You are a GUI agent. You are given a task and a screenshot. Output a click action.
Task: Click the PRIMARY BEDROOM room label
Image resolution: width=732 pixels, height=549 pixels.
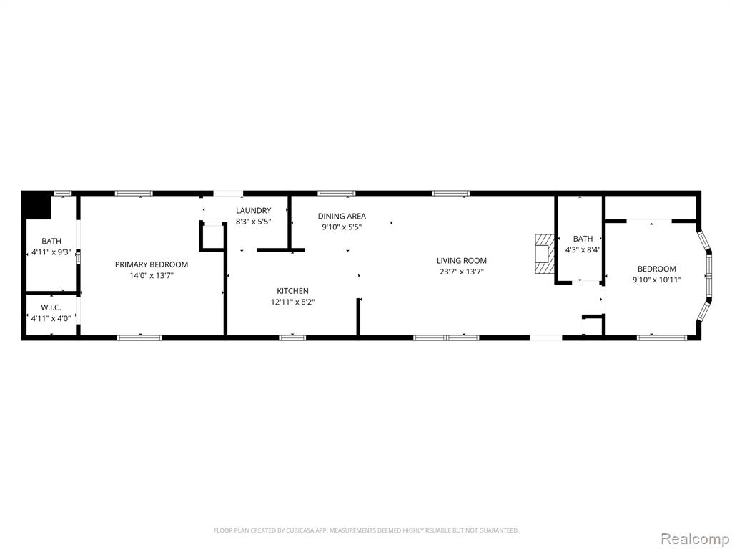pyautogui.click(x=152, y=264)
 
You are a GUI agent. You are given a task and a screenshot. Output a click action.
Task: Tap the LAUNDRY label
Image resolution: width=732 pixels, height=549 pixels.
pyautogui.click(x=254, y=211)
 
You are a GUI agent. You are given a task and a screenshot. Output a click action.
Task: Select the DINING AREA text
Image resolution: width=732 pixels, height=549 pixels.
pyautogui.click(x=342, y=216)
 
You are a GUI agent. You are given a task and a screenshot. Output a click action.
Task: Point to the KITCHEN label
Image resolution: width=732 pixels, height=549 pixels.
pyautogui.click(x=292, y=291)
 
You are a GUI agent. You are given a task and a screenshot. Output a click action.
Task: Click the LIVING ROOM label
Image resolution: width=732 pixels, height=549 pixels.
pyautogui.click(x=462, y=261)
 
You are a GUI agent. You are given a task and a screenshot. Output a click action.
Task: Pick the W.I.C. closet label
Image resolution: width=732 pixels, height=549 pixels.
pyautogui.click(x=51, y=307)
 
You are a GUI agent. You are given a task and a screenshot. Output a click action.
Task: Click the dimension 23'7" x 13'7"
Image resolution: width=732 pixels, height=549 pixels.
pyautogui.click(x=462, y=272)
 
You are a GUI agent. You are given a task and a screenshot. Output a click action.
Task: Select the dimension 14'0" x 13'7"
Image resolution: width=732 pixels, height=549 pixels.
pyautogui.click(x=152, y=276)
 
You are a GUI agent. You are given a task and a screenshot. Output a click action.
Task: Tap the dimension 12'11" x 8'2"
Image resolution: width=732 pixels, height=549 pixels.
pyautogui.click(x=292, y=302)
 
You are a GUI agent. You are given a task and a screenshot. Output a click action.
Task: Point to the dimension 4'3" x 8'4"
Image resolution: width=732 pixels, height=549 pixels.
pyautogui.click(x=583, y=249)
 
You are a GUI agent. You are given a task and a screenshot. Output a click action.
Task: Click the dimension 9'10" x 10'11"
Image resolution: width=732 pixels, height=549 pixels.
pyautogui.click(x=657, y=280)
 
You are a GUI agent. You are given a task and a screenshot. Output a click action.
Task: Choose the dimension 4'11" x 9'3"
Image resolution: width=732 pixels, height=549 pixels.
pyautogui.click(x=51, y=252)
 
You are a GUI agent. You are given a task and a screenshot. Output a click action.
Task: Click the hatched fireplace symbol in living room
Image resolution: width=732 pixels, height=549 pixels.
pyautogui.click(x=544, y=254)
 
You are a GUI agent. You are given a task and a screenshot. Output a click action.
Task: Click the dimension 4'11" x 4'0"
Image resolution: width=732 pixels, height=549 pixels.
pyautogui.click(x=51, y=319)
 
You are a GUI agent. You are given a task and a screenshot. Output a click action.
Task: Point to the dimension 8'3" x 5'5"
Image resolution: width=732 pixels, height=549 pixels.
pyautogui.click(x=254, y=222)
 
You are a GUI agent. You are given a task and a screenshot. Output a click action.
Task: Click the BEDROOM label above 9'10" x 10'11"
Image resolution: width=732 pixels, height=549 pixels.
pyautogui.click(x=657, y=269)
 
